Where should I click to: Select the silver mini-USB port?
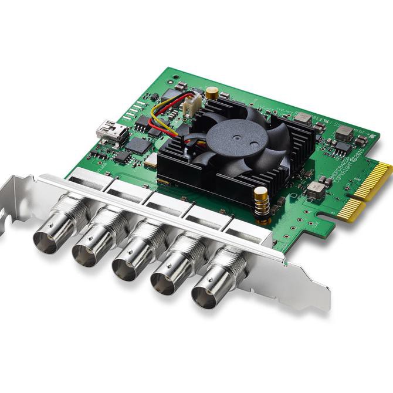[x=111, y=131]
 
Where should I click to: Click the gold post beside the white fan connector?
[x=212, y=93]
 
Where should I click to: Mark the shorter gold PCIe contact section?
[x=351, y=210]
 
